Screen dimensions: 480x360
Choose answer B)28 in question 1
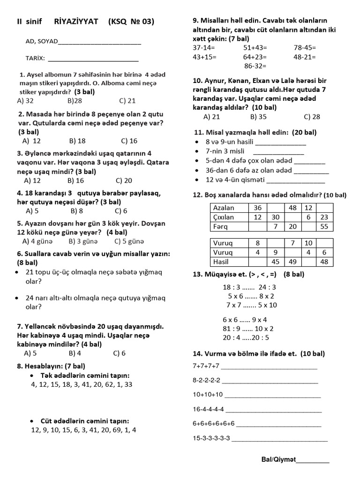pos(75,100)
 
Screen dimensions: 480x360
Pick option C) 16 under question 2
pos(129,141)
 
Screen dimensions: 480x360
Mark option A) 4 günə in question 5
pos(37,241)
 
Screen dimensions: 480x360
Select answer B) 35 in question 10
pos(258,117)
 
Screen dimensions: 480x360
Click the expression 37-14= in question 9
pos(204,48)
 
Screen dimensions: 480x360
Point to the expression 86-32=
pos(255,66)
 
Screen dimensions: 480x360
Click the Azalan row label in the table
pos(224,208)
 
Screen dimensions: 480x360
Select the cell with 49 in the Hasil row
pos(292,262)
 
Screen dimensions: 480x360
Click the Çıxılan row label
pos(224,217)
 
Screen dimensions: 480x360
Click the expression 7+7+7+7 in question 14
pos(206,366)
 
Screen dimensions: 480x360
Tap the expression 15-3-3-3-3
pos(211,438)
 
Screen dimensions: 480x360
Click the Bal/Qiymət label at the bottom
pos(278,460)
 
